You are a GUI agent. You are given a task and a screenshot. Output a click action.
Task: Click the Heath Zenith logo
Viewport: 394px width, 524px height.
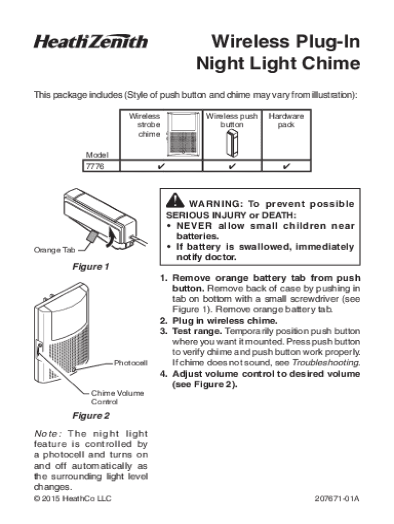pyautogui.click(x=91, y=41)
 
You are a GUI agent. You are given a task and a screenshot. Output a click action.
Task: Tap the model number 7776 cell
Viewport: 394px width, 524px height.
pyautogui.click(x=94, y=166)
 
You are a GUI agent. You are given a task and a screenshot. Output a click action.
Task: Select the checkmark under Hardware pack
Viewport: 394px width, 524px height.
pyautogui.click(x=287, y=166)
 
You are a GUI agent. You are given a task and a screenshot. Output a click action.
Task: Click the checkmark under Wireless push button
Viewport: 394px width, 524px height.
pyautogui.click(x=232, y=166)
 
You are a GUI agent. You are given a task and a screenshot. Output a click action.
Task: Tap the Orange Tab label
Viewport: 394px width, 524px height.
pyautogui.click(x=54, y=250)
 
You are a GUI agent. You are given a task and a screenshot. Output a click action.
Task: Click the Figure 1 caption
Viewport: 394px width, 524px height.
pyautogui.click(x=91, y=267)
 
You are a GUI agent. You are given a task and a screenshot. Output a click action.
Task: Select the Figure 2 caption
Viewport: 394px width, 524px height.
pyautogui.click(x=91, y=416)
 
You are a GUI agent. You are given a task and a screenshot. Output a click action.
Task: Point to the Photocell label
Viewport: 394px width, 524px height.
pyautogui.click(x=130, y=363)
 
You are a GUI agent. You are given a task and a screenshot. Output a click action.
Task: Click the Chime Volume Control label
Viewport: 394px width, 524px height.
pyautogui.click(x=117, y=398)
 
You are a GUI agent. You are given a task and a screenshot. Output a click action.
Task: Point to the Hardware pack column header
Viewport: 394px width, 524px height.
pyautogui.click(x=286, y=120)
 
